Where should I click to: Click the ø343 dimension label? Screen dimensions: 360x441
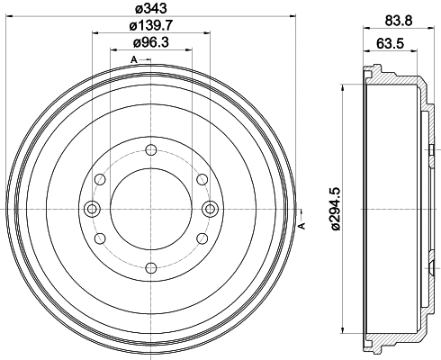pyautogui.click(x=148, y=10)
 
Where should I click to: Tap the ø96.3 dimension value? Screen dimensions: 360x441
pyautogui.click(x=148, y=44)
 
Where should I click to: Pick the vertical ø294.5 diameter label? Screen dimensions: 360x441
pyautogui.click(x=335, y=209)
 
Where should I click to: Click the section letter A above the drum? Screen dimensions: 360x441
pyautogui.click(x=134, y=59)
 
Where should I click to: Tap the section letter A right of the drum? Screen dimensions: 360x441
pyautogui.click(x=301, y=224)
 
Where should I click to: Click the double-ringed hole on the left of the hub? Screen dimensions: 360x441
pyautogui.click(x=90, y=209)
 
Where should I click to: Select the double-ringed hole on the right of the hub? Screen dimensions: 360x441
pyautogui.click(x=211, y=209)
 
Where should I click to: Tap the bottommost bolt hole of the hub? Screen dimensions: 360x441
pyautogui.click(x=150, y=266)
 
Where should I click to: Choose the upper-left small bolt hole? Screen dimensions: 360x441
pyautogui.click(x=100, y=181)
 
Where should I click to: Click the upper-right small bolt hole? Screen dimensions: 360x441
pyautogui.click(x=201, y=181)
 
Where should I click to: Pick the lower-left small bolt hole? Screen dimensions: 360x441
pyautogui.click(x=100, y=238)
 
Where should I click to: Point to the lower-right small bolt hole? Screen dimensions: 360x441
pyautogui.click(x=201, y=238)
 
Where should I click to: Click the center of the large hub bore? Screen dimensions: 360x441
pyautogui.click(x=150, y=209)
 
